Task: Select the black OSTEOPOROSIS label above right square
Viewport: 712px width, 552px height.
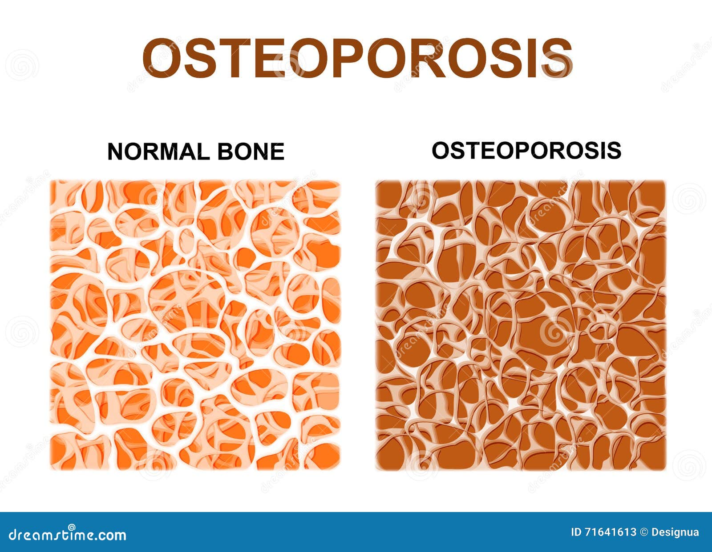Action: coord(526,151)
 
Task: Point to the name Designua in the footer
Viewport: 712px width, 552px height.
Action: coord(675,532)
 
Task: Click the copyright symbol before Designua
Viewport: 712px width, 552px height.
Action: coord(644,532)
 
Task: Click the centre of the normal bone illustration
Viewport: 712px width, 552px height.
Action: coord(195,325)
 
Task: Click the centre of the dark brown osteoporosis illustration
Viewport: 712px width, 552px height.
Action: coord(521,325)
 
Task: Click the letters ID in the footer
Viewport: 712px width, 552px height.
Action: coord(576,532)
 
